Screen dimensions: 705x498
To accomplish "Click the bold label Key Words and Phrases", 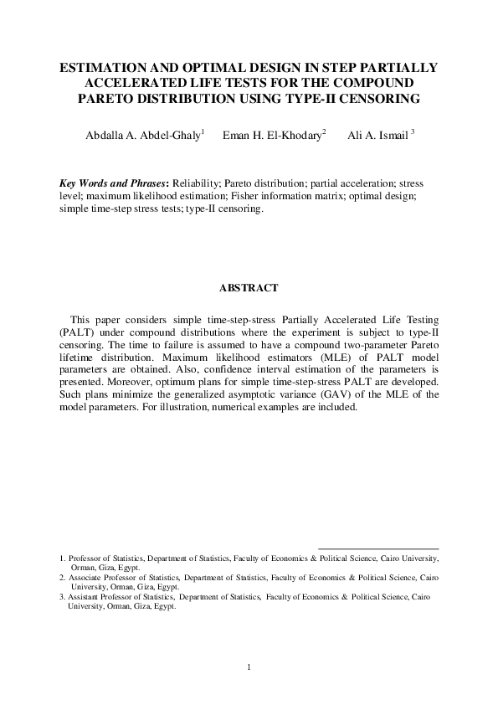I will (x=113, y=183).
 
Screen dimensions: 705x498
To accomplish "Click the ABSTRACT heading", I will (x=249, y=289).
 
